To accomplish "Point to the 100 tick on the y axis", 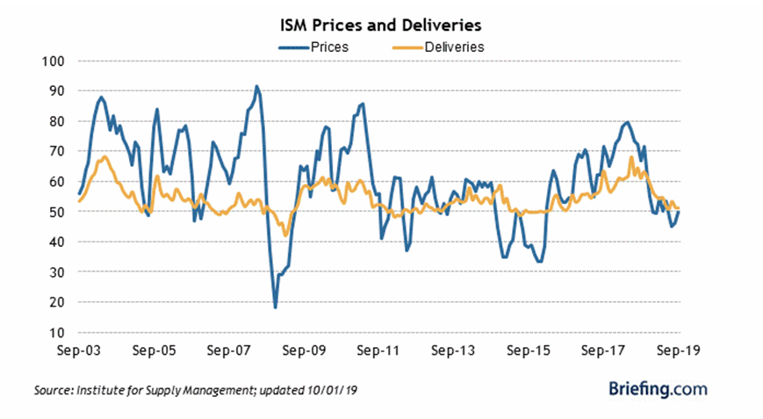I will [x=55, y=61].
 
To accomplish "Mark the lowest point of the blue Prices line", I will [x=275, y=307].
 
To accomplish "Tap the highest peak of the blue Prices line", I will [x=256, y=86].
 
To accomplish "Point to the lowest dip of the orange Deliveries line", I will [x=285, y=235].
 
